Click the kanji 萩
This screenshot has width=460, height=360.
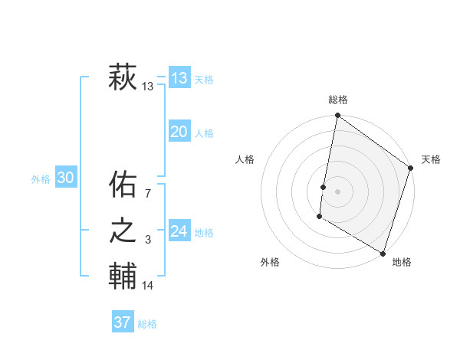123,77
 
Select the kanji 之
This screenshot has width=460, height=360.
123,231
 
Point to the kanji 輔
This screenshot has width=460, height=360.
123,276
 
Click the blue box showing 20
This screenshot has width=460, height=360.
179,132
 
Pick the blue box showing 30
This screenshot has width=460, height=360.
65,178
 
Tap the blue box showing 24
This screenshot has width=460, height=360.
179,231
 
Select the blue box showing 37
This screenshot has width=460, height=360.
123,322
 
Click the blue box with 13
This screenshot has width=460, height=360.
179,78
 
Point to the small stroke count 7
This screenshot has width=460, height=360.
149,193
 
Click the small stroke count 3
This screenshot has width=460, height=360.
149,241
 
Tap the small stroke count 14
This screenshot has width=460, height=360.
148,286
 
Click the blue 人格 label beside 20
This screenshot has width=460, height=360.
204,133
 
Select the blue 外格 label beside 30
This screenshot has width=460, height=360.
41,179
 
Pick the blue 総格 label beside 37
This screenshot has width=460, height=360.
147,324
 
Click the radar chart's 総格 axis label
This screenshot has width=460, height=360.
338,100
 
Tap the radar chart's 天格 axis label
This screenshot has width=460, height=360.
431,159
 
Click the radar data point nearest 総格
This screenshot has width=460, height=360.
337,116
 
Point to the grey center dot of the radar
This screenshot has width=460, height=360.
337,191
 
